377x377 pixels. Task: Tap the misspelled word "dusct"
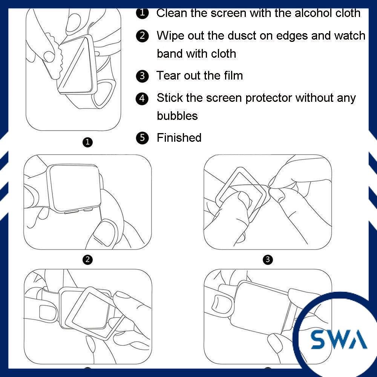pos(242,35)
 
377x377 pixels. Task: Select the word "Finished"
pos(179,138)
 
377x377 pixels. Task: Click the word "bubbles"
pos(177,116)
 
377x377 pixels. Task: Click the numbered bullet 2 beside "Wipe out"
pos(143,36)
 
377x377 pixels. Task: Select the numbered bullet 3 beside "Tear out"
pos(143,76)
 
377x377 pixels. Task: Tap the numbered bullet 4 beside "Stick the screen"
pos(143,98)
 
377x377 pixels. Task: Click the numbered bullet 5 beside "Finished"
pos(143,138)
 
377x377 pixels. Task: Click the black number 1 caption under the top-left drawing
pos(87,142)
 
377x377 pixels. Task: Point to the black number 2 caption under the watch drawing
pos(87,259)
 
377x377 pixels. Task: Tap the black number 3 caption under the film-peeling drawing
pos(268,259)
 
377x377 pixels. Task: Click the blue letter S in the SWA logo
pos(320,339)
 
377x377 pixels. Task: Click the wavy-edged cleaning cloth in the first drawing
pos(54,57)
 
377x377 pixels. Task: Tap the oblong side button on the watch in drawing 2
pos(71,212)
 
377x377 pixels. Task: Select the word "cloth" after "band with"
pos(223,54)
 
